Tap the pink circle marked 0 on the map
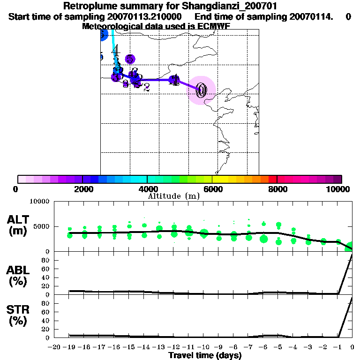(x=202, y=90)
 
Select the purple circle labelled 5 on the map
(x=130, y=59)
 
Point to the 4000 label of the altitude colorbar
(x=147, y=189)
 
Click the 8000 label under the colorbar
(x=277, y=189)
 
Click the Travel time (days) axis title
(x=205, y=355)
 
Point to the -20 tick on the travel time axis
(x=54, y=347)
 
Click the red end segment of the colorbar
(x=272, y=179)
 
